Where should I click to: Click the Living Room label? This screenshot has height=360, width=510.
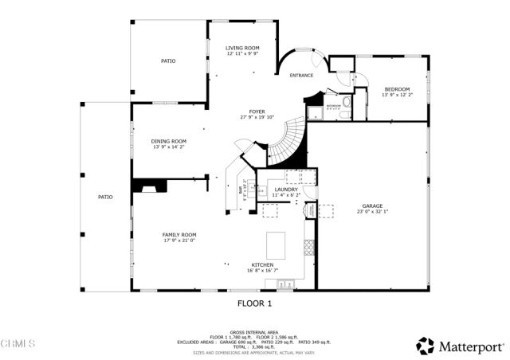[242, 48]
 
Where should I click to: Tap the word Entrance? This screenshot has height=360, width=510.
[300, 76]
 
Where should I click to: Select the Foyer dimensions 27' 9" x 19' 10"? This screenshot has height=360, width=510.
[257, 117]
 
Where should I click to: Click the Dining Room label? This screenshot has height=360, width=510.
[169, 141]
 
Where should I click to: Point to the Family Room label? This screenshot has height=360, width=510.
[179, 234]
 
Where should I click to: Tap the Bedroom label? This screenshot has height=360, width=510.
[397, 88]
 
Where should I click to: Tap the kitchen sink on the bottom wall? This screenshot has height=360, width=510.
[285, 283]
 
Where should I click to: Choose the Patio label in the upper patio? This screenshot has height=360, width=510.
[168, 61]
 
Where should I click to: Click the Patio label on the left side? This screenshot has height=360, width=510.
[105, 196]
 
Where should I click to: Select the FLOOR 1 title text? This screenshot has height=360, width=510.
[255, 303]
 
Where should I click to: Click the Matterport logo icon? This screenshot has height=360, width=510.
[426, 346]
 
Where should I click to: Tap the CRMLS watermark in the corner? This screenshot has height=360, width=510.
[18, 343]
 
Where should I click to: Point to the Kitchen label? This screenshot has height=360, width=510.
[263, 264]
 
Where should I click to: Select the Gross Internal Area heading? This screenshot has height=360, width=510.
[255, 331]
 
